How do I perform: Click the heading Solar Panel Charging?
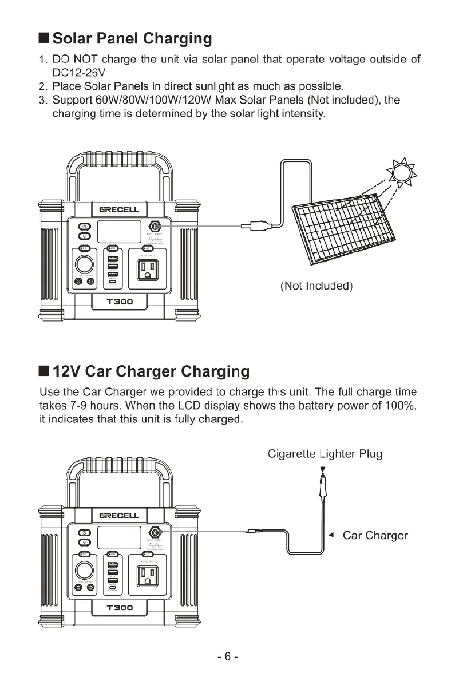(132, 39)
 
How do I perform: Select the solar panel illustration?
(342, 232)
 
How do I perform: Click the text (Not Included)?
(316, 286)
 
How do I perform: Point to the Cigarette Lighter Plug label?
(325, 454)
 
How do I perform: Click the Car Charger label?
(375, 536)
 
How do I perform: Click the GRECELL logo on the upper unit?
(119, 210)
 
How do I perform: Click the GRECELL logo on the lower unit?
(119, 516)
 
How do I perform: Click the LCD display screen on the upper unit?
(119, 232)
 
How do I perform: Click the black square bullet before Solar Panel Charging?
(44, 39)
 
